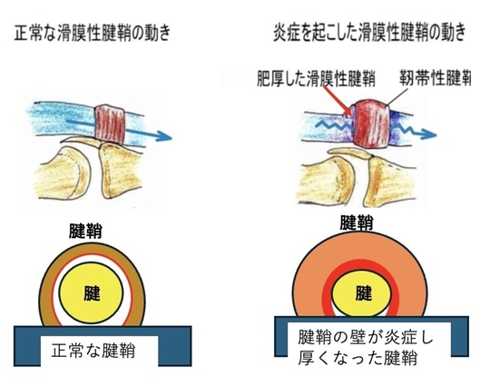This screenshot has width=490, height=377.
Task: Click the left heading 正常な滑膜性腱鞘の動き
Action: point(93,34)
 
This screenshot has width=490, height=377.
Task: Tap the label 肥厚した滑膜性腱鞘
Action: point(316,78)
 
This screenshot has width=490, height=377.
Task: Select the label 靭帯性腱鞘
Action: point(435,77)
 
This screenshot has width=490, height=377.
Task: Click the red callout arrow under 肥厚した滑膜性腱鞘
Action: point(338,101)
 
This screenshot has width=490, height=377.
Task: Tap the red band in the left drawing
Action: point(110,124)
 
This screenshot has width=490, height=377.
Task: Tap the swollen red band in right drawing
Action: point(370,124)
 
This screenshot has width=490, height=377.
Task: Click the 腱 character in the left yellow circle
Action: point(92,293)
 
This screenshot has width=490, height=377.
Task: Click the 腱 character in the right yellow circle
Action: point(364,293)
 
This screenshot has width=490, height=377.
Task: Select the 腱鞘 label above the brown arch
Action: point(85,232)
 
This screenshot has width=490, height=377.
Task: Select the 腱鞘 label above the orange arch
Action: point(357,223)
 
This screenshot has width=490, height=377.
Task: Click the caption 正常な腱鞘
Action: point(93,351)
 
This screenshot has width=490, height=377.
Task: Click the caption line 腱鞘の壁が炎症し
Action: point(366,337)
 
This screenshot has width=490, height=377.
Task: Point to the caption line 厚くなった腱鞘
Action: point(358,358)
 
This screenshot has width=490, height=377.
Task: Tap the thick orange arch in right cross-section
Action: point(360,246)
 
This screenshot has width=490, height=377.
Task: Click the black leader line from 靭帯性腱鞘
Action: point(397,96)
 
